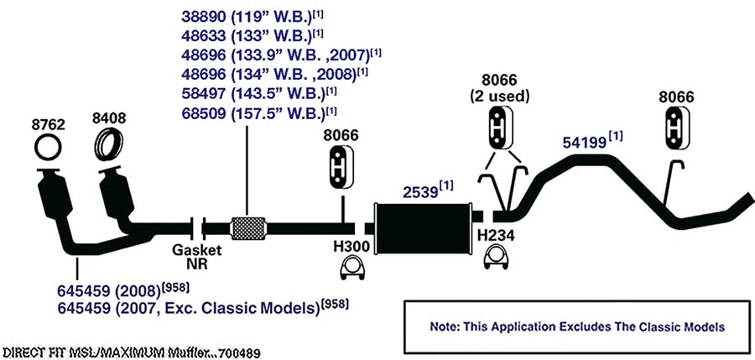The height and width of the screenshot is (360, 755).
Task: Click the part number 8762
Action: (48, 125)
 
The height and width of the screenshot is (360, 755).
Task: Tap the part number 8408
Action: (109, 118)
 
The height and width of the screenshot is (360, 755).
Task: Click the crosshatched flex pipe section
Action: (248, 228)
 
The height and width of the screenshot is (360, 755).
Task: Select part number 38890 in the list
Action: (203, 18)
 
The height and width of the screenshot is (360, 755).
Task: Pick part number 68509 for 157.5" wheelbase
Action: (203, 114)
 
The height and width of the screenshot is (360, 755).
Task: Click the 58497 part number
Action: (203, 95)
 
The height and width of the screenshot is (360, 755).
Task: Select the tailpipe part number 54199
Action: (585, 143)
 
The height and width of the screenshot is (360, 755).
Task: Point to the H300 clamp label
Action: (352, 247)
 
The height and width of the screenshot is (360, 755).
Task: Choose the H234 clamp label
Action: (496, 236)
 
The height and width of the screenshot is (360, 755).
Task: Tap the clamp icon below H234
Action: (497, 258)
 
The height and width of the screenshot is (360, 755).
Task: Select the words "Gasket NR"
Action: (197, 257)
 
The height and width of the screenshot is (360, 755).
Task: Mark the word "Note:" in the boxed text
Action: (445, 326)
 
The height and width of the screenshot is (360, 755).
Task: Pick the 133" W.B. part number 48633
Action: (203, 37)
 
